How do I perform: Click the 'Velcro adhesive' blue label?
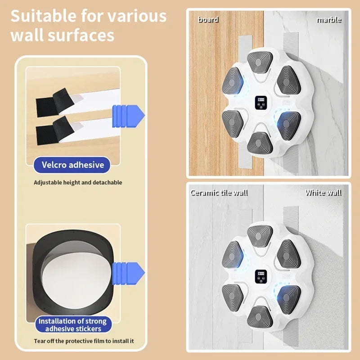coord(72,165)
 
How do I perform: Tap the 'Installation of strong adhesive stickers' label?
coord(72,324)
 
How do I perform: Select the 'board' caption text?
coord(208,19)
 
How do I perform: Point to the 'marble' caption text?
coord(329,19)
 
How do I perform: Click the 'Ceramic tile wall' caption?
coord(219,193)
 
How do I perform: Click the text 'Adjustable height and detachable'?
coord(78,183)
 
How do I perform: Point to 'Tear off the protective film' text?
coord(84,341)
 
